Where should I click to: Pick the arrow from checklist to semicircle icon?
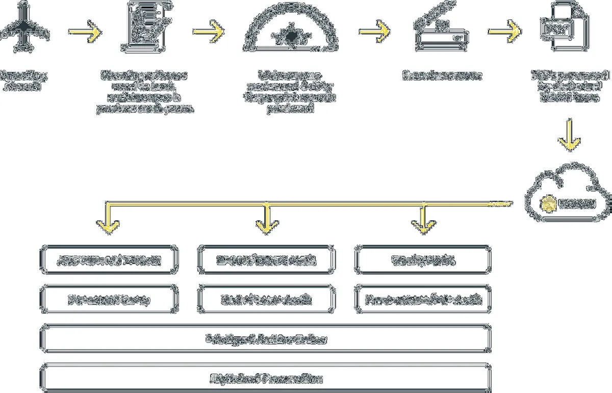(208, 32)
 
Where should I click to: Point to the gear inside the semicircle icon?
(291, 36)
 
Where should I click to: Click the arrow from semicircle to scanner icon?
(374, 32)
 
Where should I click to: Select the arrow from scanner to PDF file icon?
(504, 32)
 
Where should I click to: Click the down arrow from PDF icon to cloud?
(570, 135)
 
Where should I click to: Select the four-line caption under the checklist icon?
(145, 92)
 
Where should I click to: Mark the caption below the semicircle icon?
(291, 92)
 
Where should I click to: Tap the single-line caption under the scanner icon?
(442, 76)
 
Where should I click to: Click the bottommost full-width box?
(266, 379)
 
